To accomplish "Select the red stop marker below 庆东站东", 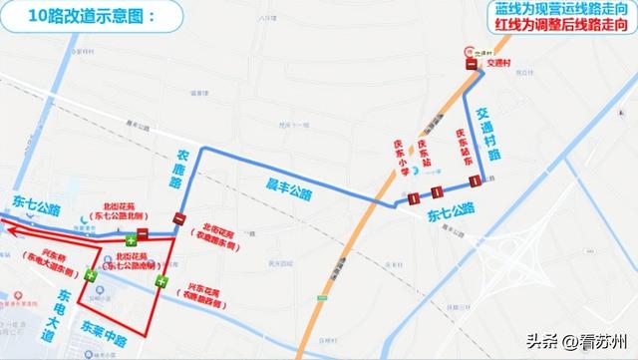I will [475, 180].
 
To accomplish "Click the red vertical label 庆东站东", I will [462, 147].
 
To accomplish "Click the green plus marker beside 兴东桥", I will [91, 275].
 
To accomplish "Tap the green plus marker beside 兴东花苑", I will [159, 282].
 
